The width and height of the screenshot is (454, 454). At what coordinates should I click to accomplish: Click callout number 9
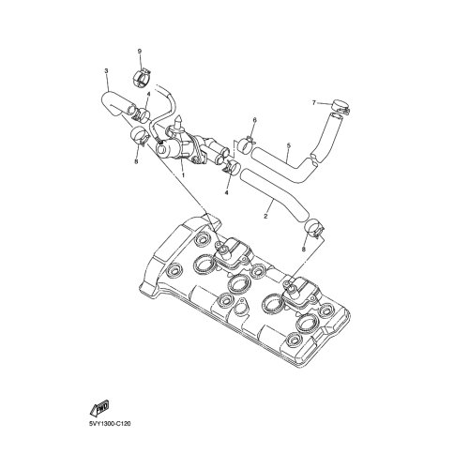pos(140,51)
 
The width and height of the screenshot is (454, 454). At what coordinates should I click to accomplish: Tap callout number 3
pos(106,71)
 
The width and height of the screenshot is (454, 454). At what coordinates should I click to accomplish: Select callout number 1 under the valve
pos(183,175)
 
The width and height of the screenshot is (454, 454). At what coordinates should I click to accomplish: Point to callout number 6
pos(254,120)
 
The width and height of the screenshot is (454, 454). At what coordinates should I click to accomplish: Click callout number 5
pos(289,145)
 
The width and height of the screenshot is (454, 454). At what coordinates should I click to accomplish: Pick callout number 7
pos(314,102)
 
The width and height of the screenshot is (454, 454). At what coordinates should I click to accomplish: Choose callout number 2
pos(265,216)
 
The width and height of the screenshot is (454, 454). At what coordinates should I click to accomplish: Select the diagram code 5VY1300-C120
pos(110,424)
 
